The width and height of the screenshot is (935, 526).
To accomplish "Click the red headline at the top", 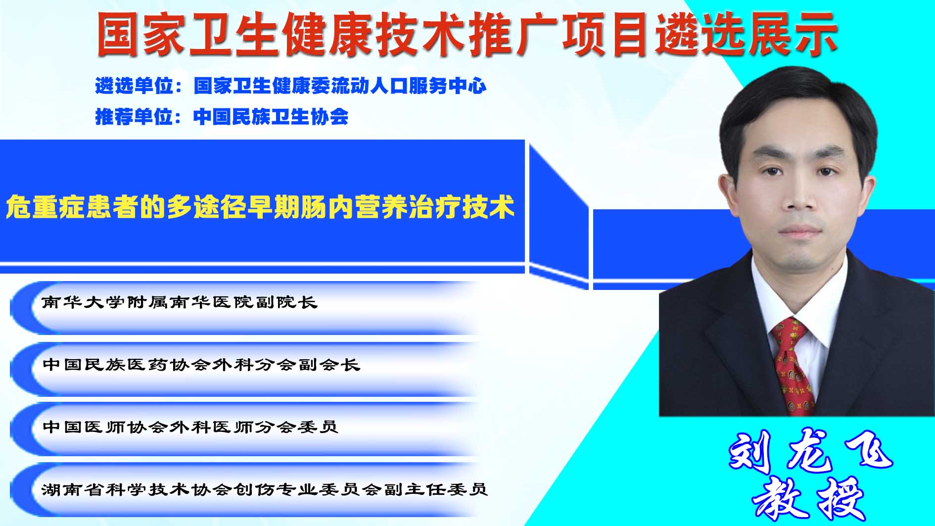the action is coord(467,33).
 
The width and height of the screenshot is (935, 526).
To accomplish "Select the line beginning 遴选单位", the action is coord(290,86).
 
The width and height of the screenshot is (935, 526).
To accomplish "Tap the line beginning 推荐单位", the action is coord(222,117).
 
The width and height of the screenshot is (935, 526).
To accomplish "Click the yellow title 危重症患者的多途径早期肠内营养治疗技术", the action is coord(260,207).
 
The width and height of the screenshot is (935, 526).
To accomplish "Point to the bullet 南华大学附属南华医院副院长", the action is coord(179,302).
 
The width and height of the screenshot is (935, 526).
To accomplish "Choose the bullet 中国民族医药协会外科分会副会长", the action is coord(201,365).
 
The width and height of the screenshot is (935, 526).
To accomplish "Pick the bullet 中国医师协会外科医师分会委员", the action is coord(190,427).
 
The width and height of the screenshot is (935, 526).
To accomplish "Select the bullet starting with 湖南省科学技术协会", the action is coord(265,489).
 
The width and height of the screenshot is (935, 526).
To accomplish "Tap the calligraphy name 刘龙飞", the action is coord(810,451).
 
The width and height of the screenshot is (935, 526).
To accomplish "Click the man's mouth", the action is coord(799,231).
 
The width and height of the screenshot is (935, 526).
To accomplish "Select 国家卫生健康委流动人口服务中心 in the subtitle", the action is coord(340,86).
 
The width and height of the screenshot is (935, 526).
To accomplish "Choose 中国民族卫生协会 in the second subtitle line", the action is coord(271,117).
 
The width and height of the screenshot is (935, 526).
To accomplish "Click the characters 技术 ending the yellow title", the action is coord(488,207).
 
